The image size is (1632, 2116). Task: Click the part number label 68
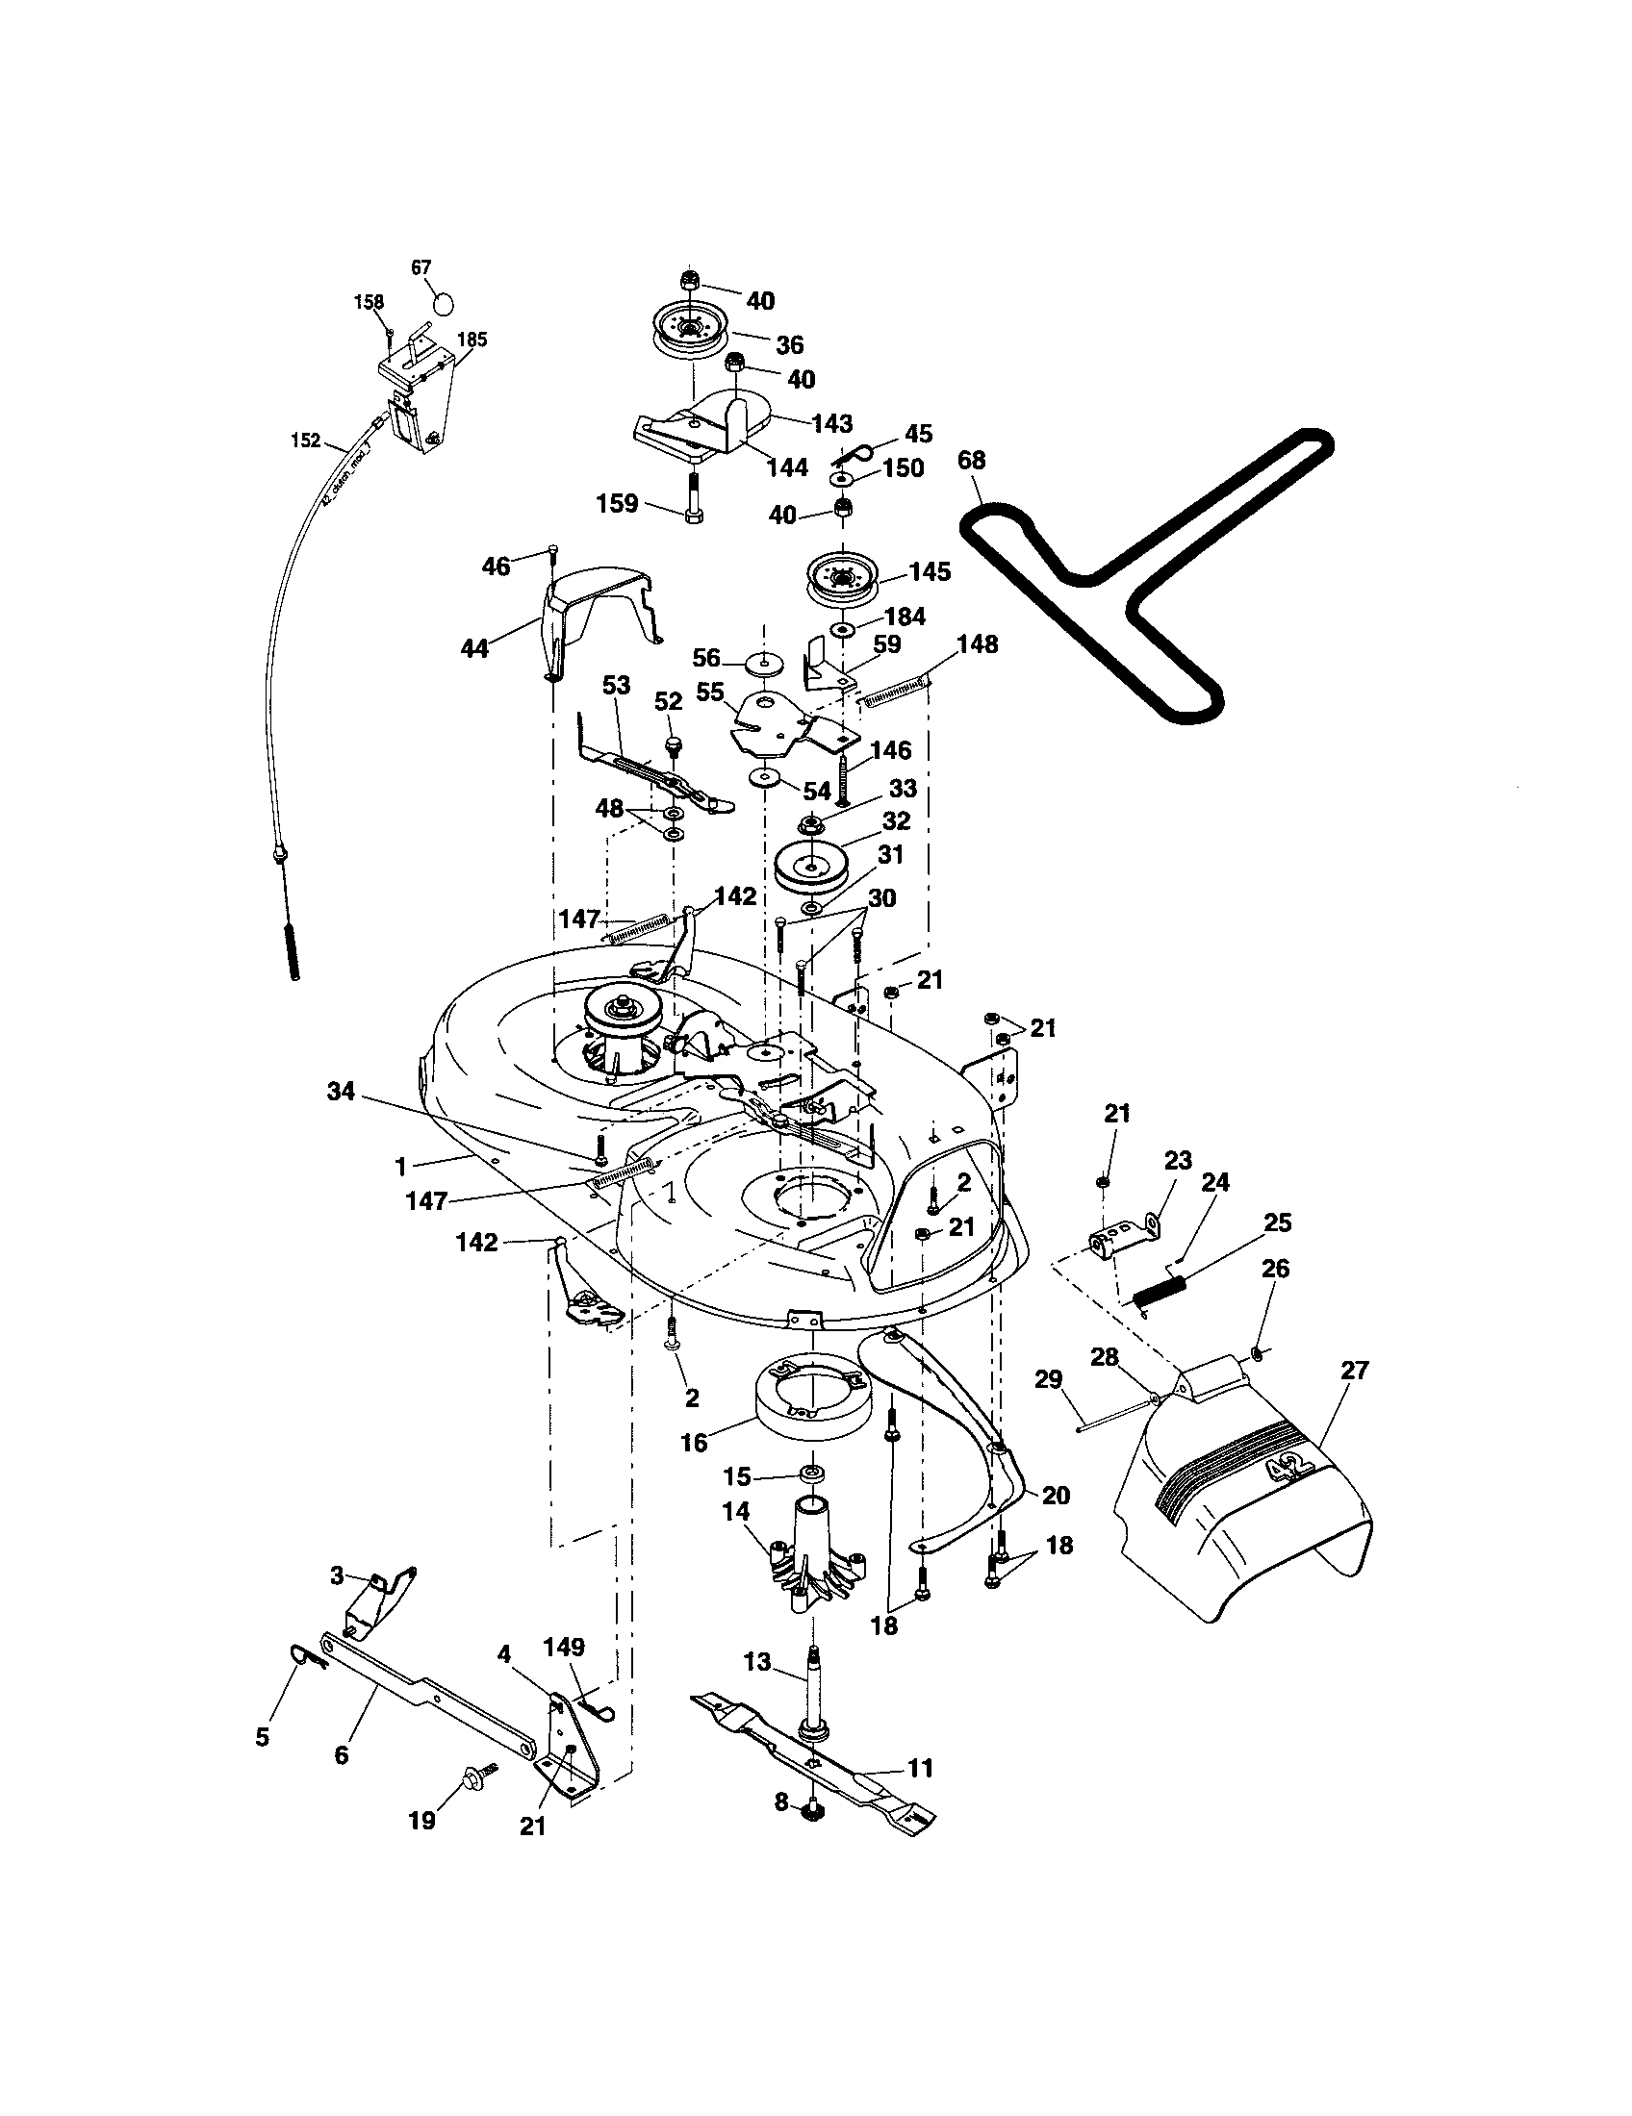click(971, 459)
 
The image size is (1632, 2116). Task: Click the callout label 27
click(1354, 1370)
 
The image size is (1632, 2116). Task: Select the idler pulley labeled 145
click(843, 577)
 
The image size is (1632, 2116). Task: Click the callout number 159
click(617, 503)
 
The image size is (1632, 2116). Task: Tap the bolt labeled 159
click(694, 496)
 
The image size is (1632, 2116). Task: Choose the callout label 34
click(342, 1093)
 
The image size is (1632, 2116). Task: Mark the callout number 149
click(564, 1646)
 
